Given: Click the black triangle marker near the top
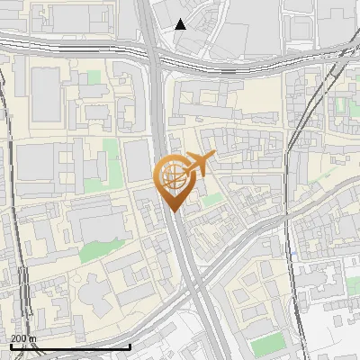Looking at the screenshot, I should click(181, 24).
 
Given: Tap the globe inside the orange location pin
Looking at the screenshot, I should click(172, 176).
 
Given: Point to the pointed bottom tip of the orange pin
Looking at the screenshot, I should click(174, 211).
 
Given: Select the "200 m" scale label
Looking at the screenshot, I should click(23, 338).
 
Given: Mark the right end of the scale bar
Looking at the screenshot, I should click(130, 346).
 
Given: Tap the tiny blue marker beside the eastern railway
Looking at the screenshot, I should click(292, 255).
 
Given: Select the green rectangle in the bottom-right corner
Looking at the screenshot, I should click(267, 343).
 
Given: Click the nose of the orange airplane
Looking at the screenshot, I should click(213, 157).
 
